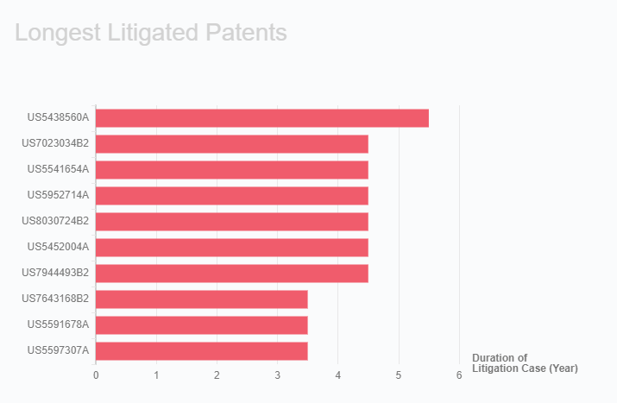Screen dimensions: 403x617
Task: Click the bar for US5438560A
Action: click(262, 118)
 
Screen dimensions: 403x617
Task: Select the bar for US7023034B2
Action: click(232, 144)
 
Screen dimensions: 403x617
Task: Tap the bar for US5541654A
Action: click(232, 170)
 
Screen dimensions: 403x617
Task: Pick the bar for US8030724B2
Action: click(232, 222)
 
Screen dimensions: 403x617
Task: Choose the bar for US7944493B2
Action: click(232, 274)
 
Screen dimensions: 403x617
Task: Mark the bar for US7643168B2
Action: click(202, 299)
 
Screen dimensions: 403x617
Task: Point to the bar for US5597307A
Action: click(202, 351)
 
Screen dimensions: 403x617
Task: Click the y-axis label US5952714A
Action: click(58, 195)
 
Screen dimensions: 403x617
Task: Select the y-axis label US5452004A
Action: click(58, 247)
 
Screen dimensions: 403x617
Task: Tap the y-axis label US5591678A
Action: click(58, 324)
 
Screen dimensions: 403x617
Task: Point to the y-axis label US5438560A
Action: click(58, 117)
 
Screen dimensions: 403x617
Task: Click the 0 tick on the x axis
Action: click(96, 375)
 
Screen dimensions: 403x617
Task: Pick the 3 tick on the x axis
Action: click(278, 375)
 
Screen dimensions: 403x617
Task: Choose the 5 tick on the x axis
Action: click(399, 375)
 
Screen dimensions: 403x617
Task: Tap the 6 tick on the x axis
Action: click(459, 375)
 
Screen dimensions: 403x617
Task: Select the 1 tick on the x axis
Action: click(156, 375)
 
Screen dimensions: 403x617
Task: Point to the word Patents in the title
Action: click(247, 33)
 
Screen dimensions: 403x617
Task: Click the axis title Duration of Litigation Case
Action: click(524, 363)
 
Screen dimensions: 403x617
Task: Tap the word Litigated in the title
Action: click(151, 33)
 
